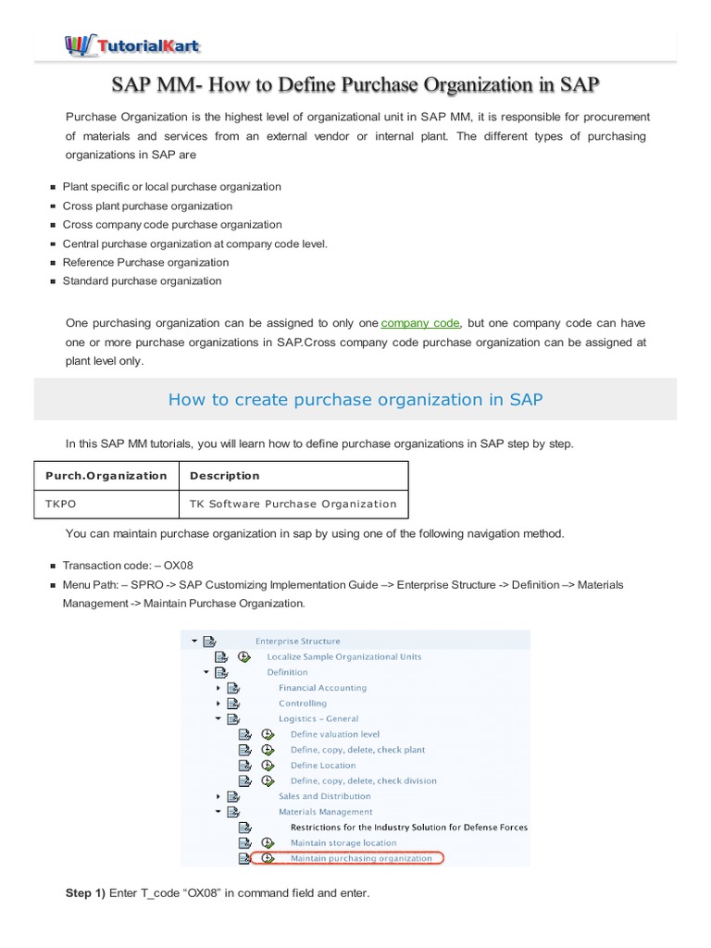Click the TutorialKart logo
click(x=132, y=44)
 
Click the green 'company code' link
click(x=420, y=323)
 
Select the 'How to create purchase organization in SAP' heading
click(x=355, y=400)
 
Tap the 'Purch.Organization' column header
click(x=106, y=476)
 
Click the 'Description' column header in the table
click(x=225, y=476)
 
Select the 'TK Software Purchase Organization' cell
click(x=293, y=504)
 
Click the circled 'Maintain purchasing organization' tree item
click(x=361, y=858)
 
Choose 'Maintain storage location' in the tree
click(x=343, y=842)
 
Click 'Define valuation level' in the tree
click(x=335, y=734)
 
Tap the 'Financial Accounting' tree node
click(x=322, y=688)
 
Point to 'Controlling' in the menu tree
click(x=303, y=704)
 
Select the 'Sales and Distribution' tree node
click(x=325, y=796)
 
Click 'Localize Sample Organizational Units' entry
click(x=344, y=656)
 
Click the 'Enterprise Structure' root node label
click(x=297, y=641)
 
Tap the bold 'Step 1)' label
click(x=85, y=892)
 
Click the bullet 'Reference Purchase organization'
click(x=145, y=262)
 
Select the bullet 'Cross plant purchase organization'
click(x=147, y=206)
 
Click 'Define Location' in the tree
click(x=323, y=766)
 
